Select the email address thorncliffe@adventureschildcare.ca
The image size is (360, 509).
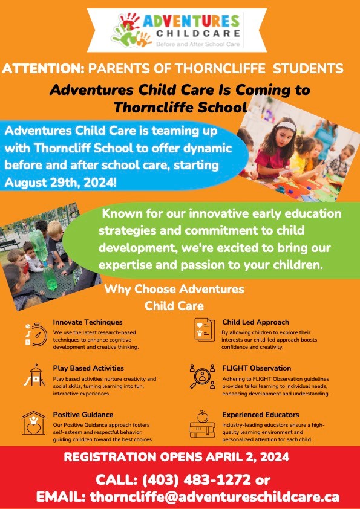(x=214, y=498)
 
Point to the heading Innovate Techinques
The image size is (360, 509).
(x=87, y=322)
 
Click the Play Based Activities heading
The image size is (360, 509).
(x=88, y=368)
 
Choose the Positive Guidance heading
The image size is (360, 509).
(x=83, y=414)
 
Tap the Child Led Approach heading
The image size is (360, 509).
(x=255, y=322)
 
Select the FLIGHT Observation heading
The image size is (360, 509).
(x=257, y=368)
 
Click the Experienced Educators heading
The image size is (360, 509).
(x=260, y=414)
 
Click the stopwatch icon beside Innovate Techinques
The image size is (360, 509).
(x=36, y=333)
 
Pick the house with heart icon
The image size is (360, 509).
(x=34, y=423)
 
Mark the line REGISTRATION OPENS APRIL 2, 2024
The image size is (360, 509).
(x=176, y=457)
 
